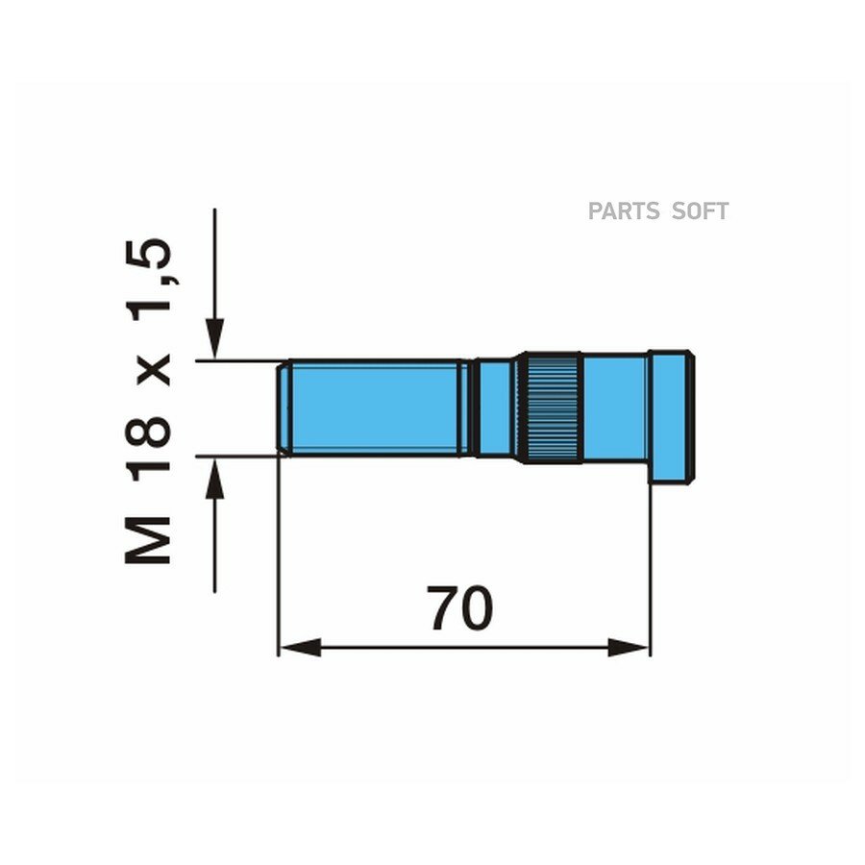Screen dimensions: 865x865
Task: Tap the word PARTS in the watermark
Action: (x=623, y=211)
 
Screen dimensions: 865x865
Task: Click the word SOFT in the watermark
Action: (x=701, y=211)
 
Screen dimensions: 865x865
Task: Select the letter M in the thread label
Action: (x=147, y=540)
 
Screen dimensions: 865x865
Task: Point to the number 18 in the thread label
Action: (x=147, y=444)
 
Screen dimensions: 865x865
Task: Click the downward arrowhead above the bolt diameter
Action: (x=214, y=338)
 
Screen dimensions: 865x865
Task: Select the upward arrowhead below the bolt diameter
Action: (x=214, y=478)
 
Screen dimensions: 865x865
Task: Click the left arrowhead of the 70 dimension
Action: (x=300, y=648)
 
